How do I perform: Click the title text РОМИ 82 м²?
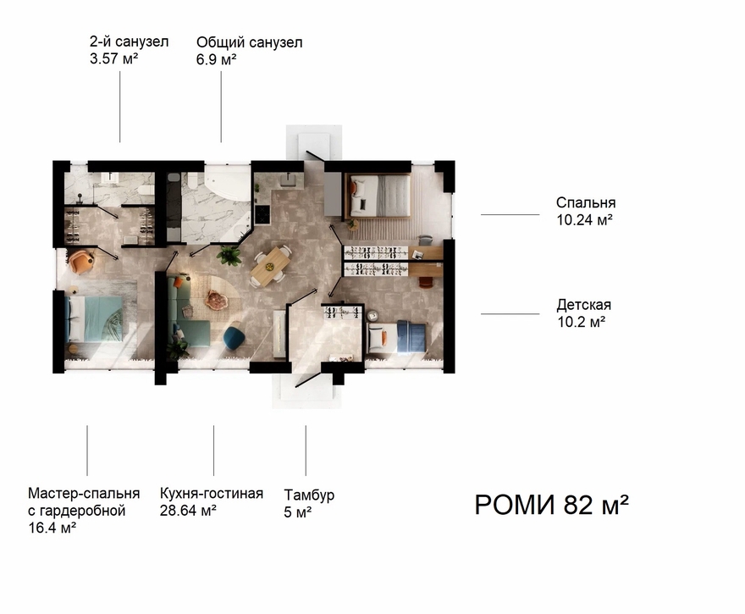pos(552,505)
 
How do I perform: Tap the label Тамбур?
pos(309,495)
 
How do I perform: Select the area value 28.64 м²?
pos(188,511)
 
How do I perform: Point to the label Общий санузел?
pos(250,42)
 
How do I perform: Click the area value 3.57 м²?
pos(114,58)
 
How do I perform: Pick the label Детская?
pos(584,305)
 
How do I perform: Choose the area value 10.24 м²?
pos(584,219)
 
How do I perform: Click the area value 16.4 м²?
pos(52,528)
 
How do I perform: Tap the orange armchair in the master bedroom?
pos(80,261)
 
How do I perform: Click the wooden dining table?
pos(270,266)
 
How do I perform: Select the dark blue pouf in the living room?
pos(235,337)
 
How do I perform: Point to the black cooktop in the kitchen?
pos(262,213)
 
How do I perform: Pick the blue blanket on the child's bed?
pos(409,337)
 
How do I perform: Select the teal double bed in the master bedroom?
pos(95,318)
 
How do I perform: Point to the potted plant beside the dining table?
pos(229,255)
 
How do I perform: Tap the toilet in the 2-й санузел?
pos(146,190)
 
